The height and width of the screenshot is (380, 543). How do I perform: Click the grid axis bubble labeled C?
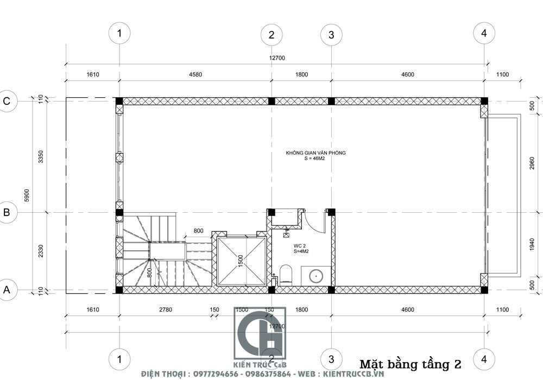(8, 101)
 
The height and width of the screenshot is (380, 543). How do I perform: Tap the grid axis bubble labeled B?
(8, 212)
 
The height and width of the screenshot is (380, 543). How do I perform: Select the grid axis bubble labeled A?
(8, 290)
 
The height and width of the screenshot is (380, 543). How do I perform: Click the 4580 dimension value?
(195, 75)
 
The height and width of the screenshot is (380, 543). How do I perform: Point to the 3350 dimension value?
(40, 156)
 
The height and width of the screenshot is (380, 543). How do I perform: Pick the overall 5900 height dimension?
(26, 195)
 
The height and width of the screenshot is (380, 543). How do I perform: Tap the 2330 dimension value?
(40, 251)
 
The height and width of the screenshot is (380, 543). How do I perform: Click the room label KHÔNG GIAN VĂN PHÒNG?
(315, 153)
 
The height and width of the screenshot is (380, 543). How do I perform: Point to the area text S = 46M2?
(315, 159)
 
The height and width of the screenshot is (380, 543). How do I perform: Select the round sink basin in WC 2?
(315, 276)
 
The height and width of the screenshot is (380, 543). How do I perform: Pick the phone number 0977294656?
(213, 375)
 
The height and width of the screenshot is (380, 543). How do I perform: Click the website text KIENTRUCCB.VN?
(353, 375)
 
